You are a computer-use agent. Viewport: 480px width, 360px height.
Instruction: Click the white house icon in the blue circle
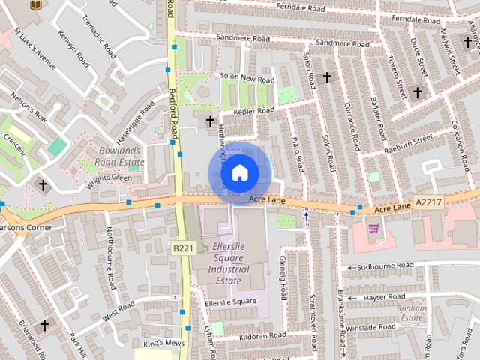tap(238, 173)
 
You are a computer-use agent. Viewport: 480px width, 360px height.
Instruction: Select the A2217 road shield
tap(428, 202)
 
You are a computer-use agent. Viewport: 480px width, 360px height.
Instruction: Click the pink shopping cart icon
tap(373, 228)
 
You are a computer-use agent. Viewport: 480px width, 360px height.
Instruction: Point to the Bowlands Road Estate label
tap(121, 156)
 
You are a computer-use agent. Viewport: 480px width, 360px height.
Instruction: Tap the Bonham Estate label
tap(412, 313)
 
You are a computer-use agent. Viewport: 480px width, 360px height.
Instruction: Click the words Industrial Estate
tap(229, 274)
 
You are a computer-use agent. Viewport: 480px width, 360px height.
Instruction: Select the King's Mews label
tap(163, 343)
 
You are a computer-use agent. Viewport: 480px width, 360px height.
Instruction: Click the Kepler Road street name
tap(254, 111)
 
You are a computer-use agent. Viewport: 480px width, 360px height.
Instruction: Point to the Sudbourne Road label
tap(385, 265)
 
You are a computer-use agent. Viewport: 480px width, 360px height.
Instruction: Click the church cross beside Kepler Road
tap(211, 121)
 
